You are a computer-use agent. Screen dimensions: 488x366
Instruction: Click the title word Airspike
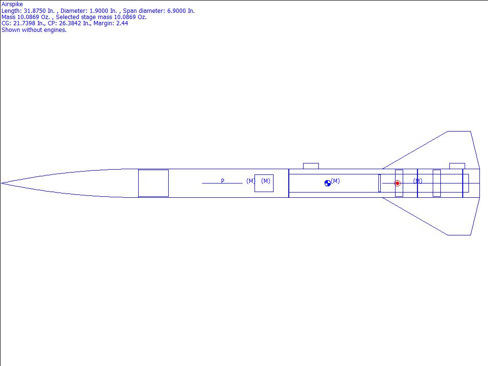pos(12,4)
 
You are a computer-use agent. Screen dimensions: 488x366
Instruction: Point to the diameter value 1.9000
pos(100,11)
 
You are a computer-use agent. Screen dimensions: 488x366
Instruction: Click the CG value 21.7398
pos(24,23)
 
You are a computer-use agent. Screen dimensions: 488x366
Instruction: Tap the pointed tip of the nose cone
pos(1,183)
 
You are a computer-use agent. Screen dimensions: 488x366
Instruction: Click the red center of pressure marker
pos(397,183)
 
